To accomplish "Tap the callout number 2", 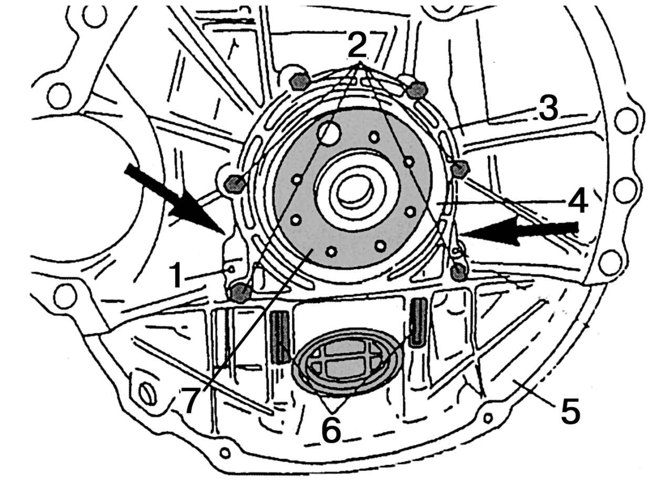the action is pyautogui.click(x=358, y=45).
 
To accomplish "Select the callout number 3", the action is pyautogui.click(x=549, y=108).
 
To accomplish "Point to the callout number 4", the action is pyautogui.click(x=578, y=200).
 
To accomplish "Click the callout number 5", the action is pyautogui.click(x=570, y=411).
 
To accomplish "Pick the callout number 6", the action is pyautogui.click(x=331, y=429).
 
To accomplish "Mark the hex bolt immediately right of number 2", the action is pyautogui.click(x=417, y=89).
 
